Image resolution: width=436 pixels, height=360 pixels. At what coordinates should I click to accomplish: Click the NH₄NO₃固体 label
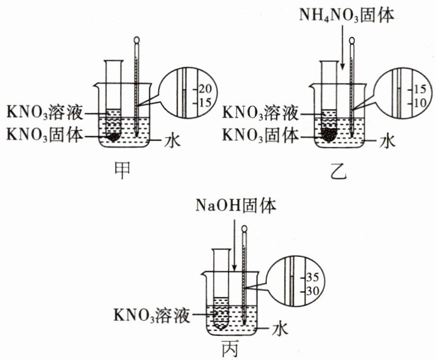(x=346, y=16)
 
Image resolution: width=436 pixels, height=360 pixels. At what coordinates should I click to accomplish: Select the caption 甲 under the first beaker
(x=123, y=167)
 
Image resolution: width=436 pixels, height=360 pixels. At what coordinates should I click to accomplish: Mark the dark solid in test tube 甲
(x=113, y=137)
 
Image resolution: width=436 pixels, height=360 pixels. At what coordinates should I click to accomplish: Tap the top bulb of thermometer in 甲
(x=137, y=41)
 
